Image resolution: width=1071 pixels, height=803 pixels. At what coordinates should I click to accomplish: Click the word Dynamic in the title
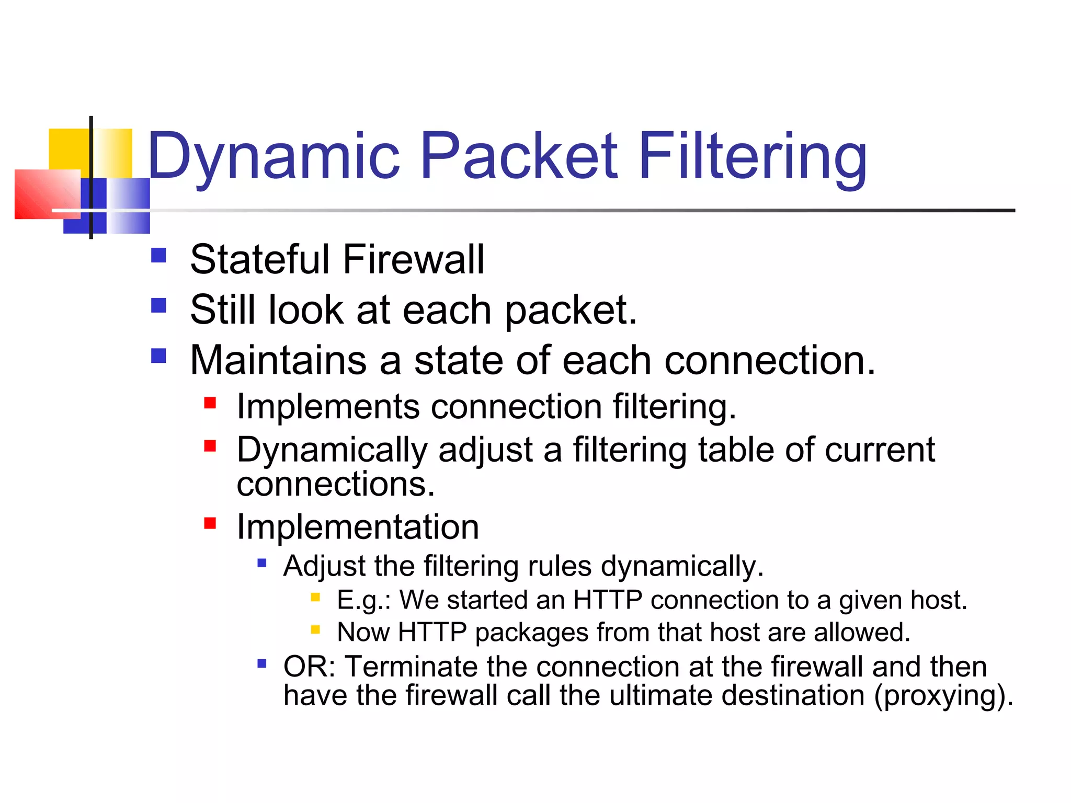pyautogui.click(x=274, y=157)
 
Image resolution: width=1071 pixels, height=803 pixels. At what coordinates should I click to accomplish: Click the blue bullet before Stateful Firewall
pyautogui.click(x=158, y=255)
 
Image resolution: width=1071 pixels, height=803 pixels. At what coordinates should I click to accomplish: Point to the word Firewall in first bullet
pyautogui.click(x=413, y=260)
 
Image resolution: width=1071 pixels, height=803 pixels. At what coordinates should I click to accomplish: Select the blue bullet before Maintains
pyautogui.click(x=158, y=356)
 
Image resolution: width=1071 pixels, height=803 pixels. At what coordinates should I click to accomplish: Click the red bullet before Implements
pyautogui.click(x=210, y=403)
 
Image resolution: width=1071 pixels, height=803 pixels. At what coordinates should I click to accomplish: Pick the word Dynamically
pyautogui.click(x=332, y=451)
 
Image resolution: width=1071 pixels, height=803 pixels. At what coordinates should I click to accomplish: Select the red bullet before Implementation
pyautogui.click(x=210, y=523)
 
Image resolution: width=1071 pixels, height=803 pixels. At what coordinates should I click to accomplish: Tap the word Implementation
pyautogui.click(x=358, y=527)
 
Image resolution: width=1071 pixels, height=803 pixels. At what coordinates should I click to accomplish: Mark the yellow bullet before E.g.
pyautogui.click(x=315, y=597)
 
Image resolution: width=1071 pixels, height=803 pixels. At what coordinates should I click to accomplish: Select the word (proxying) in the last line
pyautogui.click(x=943, y=696)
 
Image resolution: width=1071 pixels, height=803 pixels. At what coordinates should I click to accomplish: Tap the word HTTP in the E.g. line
pyautogui.click(x=607, y=600)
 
